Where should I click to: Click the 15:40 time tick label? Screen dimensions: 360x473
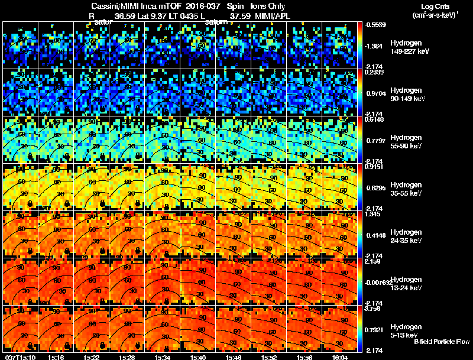198,356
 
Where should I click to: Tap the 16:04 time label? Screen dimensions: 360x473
340,356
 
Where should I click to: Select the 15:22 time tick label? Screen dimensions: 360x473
92,356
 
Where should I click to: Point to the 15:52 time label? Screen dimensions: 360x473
269,356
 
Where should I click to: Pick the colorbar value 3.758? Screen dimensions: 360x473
373,308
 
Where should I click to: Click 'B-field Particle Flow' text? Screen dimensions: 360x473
442,342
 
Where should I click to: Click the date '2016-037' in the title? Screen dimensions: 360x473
195,6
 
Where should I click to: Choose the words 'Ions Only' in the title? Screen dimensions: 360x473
268,6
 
